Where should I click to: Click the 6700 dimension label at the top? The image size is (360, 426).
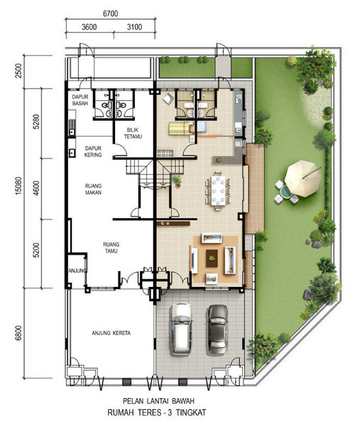[111, 13]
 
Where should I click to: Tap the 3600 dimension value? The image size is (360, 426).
[89, 27]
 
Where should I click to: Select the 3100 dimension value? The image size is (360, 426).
[134, 27]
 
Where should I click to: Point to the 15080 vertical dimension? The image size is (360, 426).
[18, 186]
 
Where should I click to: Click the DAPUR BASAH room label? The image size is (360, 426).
[80, 100]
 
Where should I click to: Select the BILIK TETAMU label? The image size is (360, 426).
[133, 133]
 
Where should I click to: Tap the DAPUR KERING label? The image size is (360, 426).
[93, 152]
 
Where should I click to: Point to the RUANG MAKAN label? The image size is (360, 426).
[93, 189]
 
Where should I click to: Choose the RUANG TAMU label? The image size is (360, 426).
[111, 248]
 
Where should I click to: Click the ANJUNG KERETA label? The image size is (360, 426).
[111, 333]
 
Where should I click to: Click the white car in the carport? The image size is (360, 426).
[180, 329]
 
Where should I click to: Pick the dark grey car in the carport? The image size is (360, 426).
[217, 329]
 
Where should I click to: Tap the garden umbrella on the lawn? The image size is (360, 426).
[303, 178]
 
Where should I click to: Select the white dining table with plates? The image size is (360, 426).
[218, 190]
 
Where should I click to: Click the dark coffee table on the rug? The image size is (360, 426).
[212, 258]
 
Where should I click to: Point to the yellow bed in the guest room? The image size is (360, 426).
[180, 129]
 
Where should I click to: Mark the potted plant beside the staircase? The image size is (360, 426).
[177, 181]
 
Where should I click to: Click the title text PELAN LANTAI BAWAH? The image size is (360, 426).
[158, 401]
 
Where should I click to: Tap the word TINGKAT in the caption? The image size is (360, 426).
[191, 413]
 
